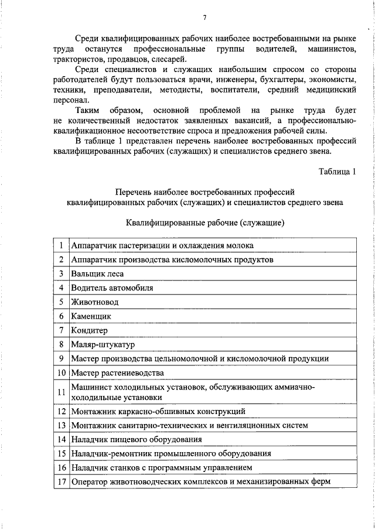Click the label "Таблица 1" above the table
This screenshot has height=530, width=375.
pyautogui.click(x=337, y=172)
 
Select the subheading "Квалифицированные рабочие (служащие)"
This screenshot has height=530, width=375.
pyautogui.click(x=205, y=223)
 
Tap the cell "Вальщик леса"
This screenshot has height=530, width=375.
pyautogui.click(x=97, y=273)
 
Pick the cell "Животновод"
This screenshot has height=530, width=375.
pyautogui.click(x=94, y=302)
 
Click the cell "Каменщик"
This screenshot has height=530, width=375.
pyautogui.click(x=91, y=316)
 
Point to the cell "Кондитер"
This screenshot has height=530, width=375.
pyautogui.click(x=89, y=330)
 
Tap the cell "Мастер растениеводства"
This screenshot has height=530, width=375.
pyautogui.click(x=117, y=372)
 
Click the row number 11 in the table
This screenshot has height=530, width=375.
pyautogui.click(x=61, y=392)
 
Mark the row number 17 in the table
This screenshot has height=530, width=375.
pyautogui.click(x=61, y=482)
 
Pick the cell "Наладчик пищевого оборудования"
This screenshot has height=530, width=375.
pyautogui.click(x=137, y=439)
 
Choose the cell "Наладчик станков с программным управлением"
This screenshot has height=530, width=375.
pyautogui.click(x=161, y=468)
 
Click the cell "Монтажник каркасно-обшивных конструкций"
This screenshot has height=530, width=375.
pyautogui.click(x=158, y=411)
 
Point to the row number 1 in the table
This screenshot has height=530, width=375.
pyautogui.click(x=61, y=245)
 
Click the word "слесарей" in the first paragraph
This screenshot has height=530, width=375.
pyautogui.click(x=169, y=60)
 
